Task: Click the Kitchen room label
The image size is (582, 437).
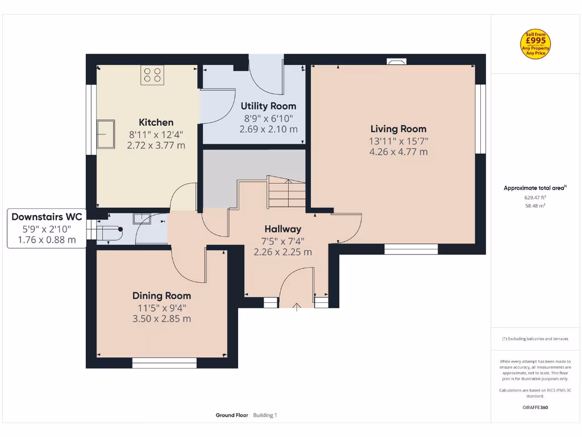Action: (156, 122)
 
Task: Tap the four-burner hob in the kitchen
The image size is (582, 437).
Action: (152, 75)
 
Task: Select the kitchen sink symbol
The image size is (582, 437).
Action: (105, 133)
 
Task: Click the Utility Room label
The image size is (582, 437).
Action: (268, 106)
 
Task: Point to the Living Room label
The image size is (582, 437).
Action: (398, 129)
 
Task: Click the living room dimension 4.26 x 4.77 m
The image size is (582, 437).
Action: (398, 152)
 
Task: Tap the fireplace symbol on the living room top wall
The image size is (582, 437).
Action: (396, 61)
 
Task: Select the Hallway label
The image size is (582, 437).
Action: (282, 229)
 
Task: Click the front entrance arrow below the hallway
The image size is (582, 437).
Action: (296, 308)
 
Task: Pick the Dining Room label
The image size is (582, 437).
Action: (161, 295)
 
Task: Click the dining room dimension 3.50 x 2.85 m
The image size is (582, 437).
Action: (161, 319)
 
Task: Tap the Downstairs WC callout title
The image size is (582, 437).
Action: (47, 217)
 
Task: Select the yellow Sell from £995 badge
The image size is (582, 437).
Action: (535, 44)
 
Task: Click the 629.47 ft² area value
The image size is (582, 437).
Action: (535, 197)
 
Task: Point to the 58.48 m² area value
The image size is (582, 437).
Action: (535, 205)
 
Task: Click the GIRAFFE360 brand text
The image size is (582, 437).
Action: (535, 407)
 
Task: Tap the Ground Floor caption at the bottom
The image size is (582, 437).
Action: (232, 415)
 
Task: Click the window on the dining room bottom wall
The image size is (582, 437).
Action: (164, 362)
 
